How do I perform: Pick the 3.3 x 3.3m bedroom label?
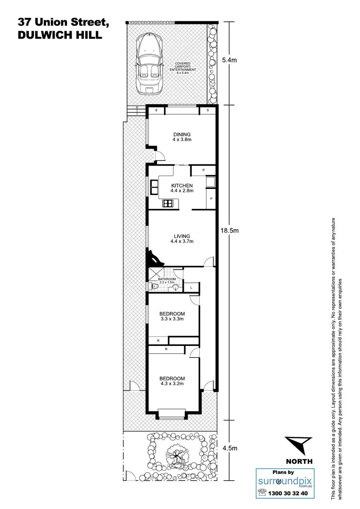click(x=172, y=316)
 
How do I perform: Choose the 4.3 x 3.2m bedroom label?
click(x=172, y=381)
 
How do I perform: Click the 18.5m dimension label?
click(x=230, y=230)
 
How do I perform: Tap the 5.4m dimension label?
click(x=230, y=60)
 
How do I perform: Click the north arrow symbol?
click(x=298, y=446)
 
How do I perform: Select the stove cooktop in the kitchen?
click(x=168, y=204)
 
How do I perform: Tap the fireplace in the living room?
click(x=154, y=258)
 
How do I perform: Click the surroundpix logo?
click(x=282, y=481)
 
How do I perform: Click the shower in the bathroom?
click(x=154, y=274)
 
